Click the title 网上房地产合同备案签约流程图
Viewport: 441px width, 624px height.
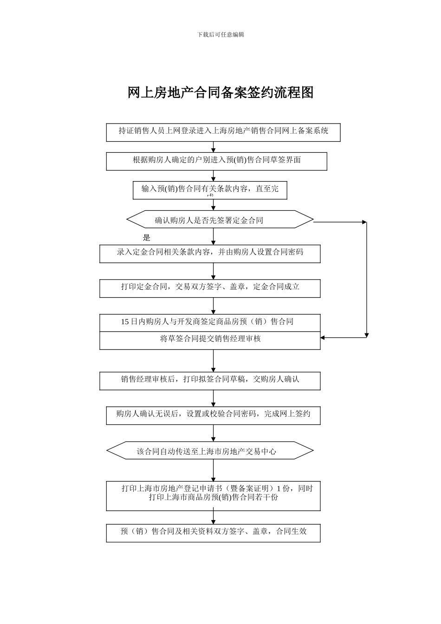[220, 92]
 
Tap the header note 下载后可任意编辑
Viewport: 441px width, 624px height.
[220, 34]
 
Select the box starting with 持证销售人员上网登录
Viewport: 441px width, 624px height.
[223, 132]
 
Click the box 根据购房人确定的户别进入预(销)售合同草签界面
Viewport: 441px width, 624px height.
[216, 161]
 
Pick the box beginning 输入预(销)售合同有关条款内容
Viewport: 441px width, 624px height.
[210, 189]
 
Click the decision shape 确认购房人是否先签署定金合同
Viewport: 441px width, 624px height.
[220, 220]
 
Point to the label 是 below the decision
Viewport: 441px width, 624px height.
[147, 238]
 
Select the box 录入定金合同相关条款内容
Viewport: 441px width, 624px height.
[210, 253]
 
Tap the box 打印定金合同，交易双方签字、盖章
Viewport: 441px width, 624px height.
[210, 288]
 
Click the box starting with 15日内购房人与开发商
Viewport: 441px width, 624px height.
[210, 322]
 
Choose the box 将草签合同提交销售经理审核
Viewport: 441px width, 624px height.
[210, 340]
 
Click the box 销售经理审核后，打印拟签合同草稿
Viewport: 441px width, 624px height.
[210, 380]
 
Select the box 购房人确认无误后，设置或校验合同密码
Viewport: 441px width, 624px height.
[213, 415]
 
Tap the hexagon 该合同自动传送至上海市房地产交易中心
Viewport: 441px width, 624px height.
[210, 450]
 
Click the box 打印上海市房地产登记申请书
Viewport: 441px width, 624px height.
[213, 495]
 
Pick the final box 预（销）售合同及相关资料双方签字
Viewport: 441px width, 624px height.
[213, 533]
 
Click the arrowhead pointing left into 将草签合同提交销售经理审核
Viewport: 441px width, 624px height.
[323, 338]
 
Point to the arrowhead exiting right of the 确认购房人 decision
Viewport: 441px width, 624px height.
[364, 222]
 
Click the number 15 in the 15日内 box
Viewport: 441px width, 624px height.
[125, 322]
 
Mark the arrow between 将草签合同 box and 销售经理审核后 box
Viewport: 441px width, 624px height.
[214, 361]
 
